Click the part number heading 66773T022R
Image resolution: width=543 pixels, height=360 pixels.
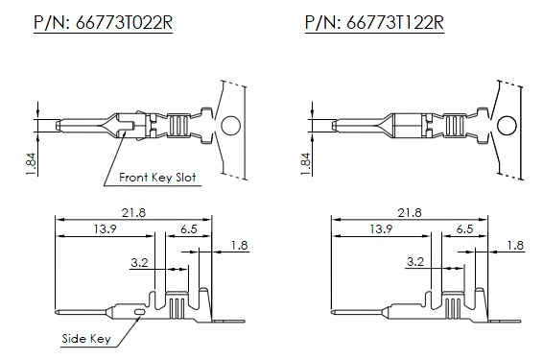(x=104, y=23)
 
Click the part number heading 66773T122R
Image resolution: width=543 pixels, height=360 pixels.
(x=374, y=23)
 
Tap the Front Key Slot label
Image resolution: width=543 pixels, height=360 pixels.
(x=157, y=178)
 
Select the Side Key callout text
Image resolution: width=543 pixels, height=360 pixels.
(x=86, y=338)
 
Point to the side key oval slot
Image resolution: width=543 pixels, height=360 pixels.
(x=139, y=312)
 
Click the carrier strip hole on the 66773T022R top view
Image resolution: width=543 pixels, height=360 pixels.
(x=231, y=126)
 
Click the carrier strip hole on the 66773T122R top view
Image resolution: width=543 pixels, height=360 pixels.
(x=507, y=126)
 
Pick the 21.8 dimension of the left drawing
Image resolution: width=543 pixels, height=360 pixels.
(x=133, y=212)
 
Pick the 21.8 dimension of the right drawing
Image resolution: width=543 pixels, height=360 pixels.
(x=410, y=212)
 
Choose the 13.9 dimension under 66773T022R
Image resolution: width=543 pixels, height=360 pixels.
(x=106, y=229)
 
